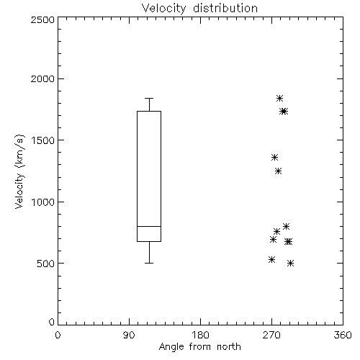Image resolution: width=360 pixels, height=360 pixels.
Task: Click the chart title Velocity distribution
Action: click(199, 9)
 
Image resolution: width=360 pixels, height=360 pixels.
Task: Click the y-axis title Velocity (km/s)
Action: click(19, 171)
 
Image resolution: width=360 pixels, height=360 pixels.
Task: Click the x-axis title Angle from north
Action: click(199, 347)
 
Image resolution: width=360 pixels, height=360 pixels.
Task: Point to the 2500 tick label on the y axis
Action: click(42, 19)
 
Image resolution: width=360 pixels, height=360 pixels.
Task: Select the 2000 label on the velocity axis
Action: click(42, 78)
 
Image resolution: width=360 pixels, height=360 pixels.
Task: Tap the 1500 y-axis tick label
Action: click(43, 140)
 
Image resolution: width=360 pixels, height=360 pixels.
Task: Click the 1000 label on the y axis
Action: click(43, 202)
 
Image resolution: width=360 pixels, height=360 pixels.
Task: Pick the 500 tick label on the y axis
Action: click(46, 264)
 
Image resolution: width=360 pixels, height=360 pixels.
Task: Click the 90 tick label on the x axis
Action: click(129, 335)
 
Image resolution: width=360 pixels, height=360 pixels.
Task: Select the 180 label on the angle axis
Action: click(200, 335)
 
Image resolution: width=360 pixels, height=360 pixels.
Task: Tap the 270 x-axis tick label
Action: click(271, 335)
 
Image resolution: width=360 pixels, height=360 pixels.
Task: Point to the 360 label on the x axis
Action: click(343, 335)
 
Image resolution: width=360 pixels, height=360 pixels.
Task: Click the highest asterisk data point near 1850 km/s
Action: click(279, 98)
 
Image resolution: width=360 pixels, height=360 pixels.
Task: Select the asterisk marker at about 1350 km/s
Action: click(274, 158)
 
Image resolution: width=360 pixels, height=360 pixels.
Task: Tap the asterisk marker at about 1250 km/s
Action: click(278, 171)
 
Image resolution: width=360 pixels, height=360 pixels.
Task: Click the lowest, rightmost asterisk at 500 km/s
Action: click(290, 264)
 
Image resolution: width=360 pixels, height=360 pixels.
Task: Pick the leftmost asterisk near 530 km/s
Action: click(271, 259)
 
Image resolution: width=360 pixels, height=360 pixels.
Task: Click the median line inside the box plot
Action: click(149, 226)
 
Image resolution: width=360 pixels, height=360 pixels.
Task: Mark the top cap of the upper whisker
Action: click(149, 98)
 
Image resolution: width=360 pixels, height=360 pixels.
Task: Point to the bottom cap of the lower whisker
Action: click(149, 264)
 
